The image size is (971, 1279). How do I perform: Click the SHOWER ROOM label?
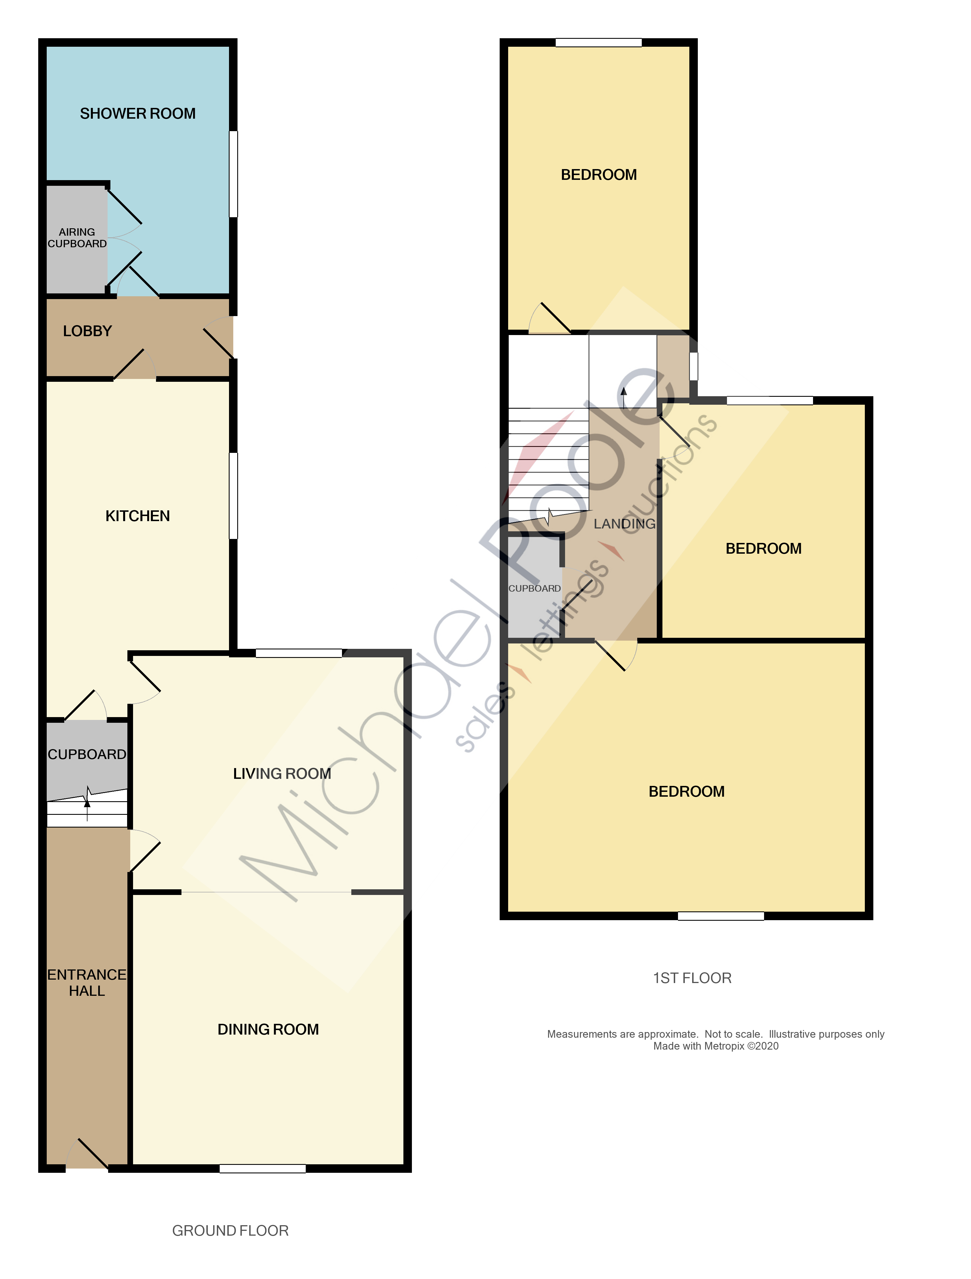point(138,113)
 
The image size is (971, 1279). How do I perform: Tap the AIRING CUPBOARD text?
point(77,238)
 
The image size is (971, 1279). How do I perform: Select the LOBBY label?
point(87,331)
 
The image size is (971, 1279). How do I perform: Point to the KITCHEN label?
point(138,516)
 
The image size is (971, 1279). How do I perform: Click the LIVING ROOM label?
point(282,774)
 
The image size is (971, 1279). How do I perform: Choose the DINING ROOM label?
point(268,1029)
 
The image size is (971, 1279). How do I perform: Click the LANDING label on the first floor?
point(624,524)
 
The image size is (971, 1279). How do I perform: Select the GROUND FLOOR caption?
point(230,1231)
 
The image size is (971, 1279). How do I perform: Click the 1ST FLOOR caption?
point(692,978)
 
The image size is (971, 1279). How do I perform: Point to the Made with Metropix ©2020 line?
point(716,1046)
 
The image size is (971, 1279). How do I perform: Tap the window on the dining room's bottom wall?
point(262,1169)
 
